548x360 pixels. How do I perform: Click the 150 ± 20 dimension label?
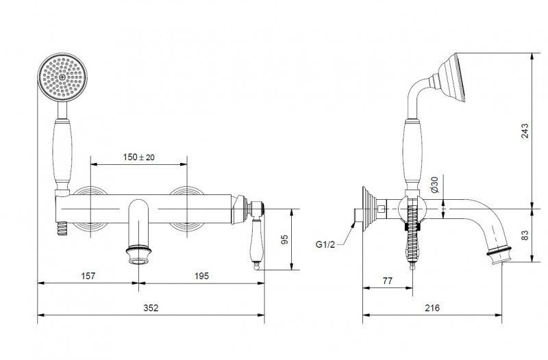click(138, 157)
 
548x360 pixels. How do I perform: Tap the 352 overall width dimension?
click(151, 307)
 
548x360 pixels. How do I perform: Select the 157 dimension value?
click(88, 276)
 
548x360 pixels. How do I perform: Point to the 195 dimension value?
click(201, 276)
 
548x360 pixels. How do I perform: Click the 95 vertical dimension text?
click(285, 240)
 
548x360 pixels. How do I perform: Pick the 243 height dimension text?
click(525, 131)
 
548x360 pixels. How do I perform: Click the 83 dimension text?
click(525, 235)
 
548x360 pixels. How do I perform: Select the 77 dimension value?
click(388, 281)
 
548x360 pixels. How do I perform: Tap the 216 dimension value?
click(432, 307)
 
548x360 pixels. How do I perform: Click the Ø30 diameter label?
click(434, 185)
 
